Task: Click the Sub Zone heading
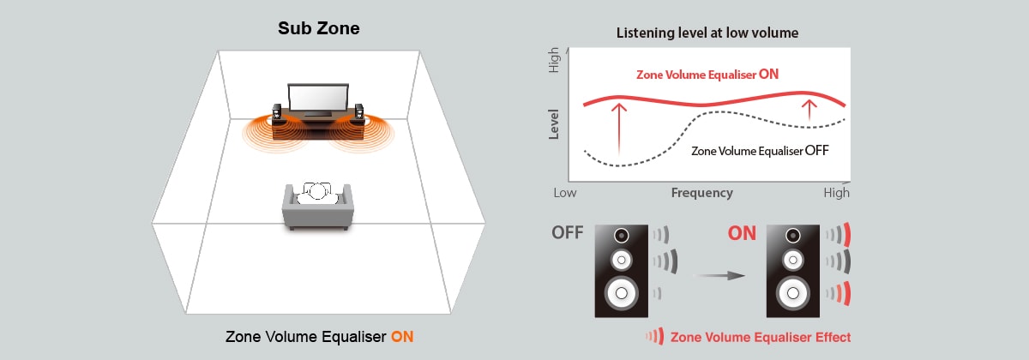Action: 318,28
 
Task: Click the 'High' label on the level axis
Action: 554,59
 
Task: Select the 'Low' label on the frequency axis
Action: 565,193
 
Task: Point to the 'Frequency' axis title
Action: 701,193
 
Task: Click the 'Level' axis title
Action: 554,124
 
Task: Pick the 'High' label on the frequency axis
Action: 836,193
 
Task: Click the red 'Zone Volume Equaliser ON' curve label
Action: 707,75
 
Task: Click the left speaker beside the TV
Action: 277,115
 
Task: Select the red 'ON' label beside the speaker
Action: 742,233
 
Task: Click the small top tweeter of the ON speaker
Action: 790,236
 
